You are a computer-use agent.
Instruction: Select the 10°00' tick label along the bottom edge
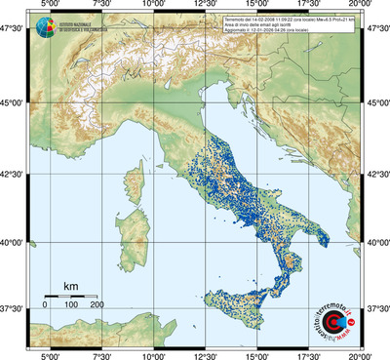point(153,355)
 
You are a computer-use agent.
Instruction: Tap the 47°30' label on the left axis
point(13,29)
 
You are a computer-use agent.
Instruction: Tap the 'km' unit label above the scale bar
point(70,286)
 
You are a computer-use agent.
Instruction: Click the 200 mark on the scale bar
point(97,305)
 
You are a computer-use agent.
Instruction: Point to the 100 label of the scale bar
point(71,305)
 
